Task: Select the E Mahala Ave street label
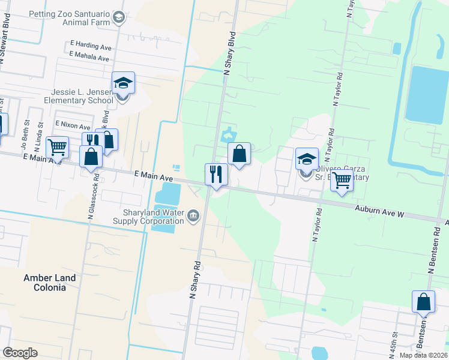pyautogui.click(x=89, y=58)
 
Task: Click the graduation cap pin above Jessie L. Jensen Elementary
pyautogui.click(x=123, y=83)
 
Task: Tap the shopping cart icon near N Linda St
pyautogui.click(x=57, y=146)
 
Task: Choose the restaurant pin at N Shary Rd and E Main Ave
pyautogui.click(x=216, y=175)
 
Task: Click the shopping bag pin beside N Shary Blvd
pyautogui.click(x=239, y=154)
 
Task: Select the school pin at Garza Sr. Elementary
pyautogui.click(x=307, y=160)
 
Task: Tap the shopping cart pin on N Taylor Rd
pyautogui.click(x=342, y=179)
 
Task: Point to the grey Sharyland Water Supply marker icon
pyautogui.click(x=193, y=215)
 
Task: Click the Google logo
pyautogui.click(x=20, y=353)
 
